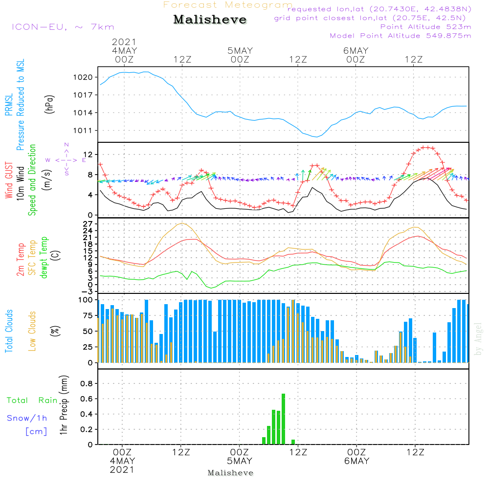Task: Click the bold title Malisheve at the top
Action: [x=210, y=20]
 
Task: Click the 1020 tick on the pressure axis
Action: [x=83, y=77]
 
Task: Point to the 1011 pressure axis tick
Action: [x=83, y=131]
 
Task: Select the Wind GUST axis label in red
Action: [x=9, y=180]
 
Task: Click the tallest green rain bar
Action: [x=283, y=419]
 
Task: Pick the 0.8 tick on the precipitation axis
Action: [x=87, y=383]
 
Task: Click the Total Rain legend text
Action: [x=32, y=400]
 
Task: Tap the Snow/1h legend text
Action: [x=27, y=418]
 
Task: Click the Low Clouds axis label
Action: [x=32, y=331]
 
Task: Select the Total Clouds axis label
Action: [x=9, y=331]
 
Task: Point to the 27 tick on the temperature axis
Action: [x=88, y=224]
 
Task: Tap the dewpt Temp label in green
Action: [x=44, y=257]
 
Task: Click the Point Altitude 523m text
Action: [x=425, y=27]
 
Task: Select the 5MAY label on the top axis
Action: [x=240, y=50]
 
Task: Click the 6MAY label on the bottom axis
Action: [x=356, y=461]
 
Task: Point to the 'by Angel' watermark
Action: [x=478, y=339]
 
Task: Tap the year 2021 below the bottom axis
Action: [x=122, y=469]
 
